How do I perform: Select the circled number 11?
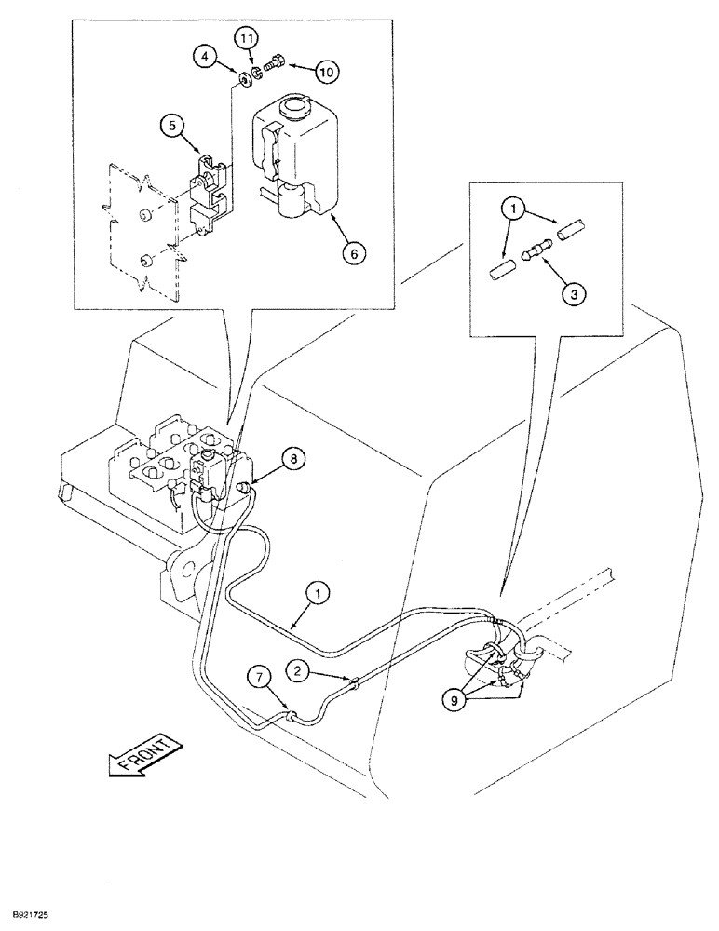point(245,38)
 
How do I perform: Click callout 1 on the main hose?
point(319,591)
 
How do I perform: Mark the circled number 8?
point(292,459)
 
